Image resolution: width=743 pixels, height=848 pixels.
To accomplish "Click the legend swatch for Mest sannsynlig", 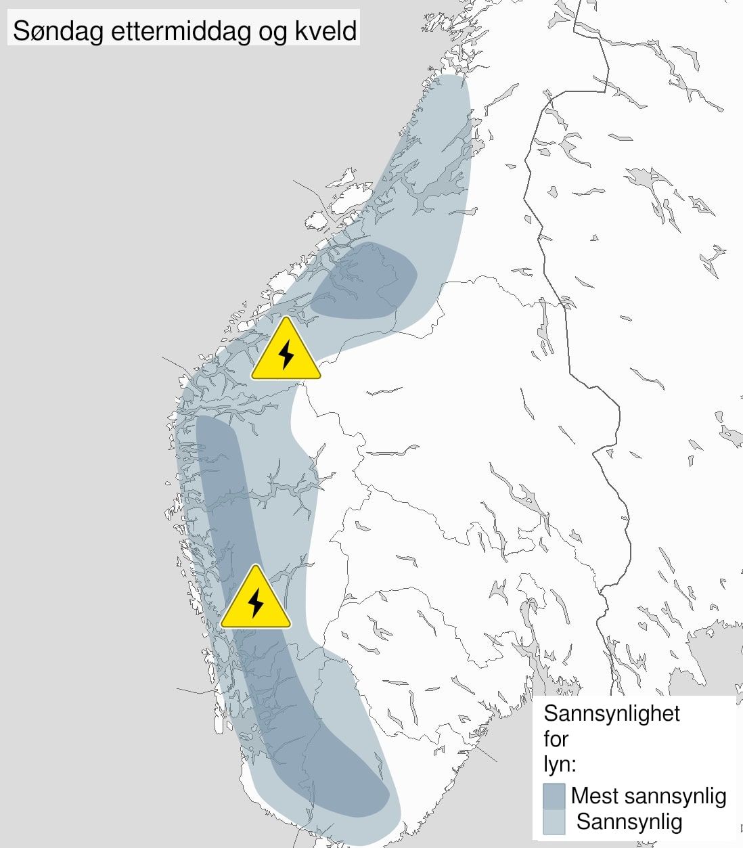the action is coord(554,796).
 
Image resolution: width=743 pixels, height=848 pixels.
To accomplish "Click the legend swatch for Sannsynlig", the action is coord(554,822).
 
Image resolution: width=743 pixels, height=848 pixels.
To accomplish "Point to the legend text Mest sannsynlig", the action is coord(648,796).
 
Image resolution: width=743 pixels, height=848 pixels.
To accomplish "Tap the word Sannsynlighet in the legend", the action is coord(612,713).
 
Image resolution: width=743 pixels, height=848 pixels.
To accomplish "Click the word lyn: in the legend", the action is coord(560,765).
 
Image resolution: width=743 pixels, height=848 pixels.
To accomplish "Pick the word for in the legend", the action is coord(556,739).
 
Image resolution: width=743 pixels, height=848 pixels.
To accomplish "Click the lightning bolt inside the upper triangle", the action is coord(286,355).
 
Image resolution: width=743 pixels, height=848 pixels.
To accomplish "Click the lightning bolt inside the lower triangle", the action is coord(256,602).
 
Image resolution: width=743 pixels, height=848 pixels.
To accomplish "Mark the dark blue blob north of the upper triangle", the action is coord(365,281).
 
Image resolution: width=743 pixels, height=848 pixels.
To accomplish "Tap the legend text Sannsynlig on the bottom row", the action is coord(629,822).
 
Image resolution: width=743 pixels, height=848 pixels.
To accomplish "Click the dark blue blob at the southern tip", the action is coord(338,778).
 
